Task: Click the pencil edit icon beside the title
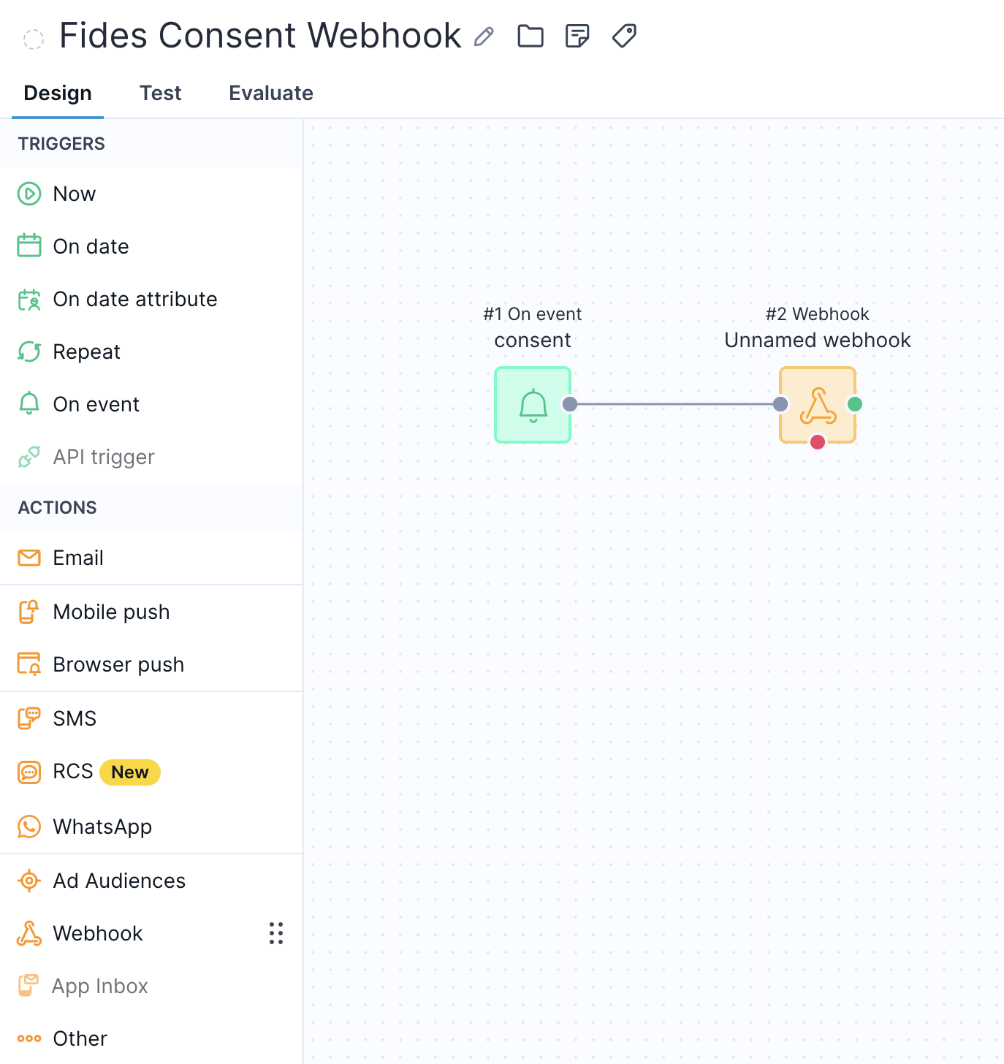pos(484,37)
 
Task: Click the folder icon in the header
pos(530,37)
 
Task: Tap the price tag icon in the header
pos(624,36)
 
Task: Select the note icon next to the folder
pos(577,37)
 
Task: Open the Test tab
pos(160,94)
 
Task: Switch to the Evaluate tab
pos(270,94)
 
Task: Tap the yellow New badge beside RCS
pos(130,772)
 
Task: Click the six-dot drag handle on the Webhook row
pos(276,933)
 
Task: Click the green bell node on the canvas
pos(532,405)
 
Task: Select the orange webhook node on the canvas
pos(817,405)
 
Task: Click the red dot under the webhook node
pos(818,442)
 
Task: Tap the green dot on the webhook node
pos(855,404)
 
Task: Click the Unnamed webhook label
pos(817,341)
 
